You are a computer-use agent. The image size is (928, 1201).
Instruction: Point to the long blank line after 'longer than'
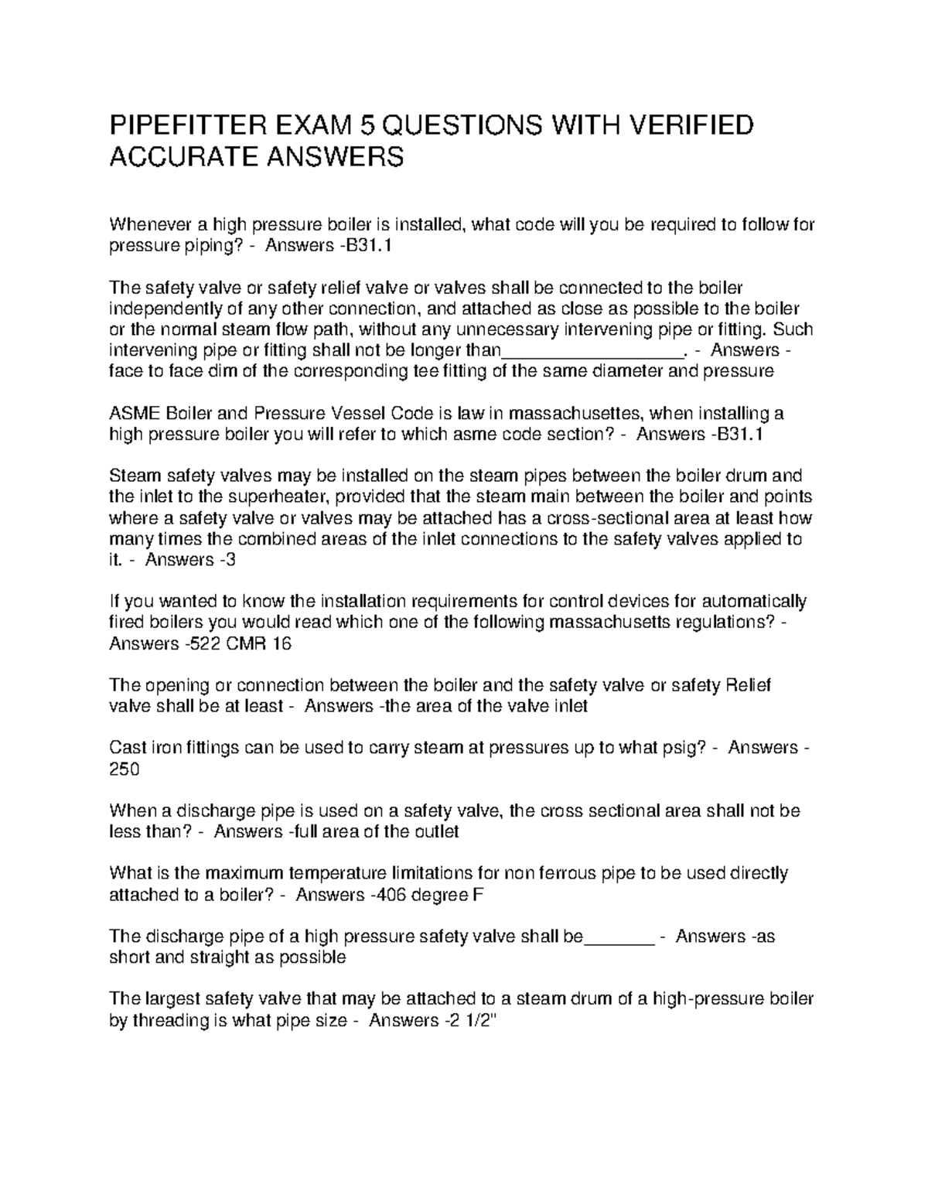(593, 350)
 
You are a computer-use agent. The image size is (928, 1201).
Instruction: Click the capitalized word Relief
(747, 685)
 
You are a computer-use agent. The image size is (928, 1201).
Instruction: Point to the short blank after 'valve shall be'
(619, 937)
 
